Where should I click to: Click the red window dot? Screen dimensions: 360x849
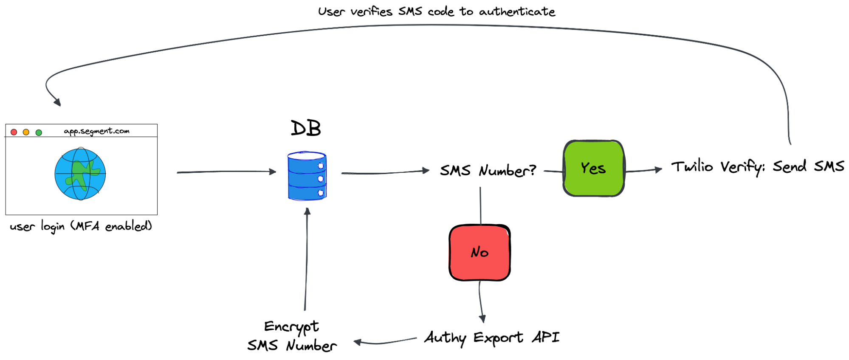(x=14, y=132)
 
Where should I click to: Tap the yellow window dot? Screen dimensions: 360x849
(x=26, y=132)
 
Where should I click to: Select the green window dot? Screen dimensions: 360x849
(x=39, y=132)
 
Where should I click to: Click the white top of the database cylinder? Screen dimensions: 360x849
(x=306, y=156)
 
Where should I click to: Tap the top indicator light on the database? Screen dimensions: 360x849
(x=321, y=166)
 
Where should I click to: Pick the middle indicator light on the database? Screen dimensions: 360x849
(x=321, y=179)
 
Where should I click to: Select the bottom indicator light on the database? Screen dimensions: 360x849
(x=321, y=193)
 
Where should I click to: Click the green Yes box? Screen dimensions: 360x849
(x=594, y=168)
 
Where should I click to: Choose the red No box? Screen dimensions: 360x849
(x=480, y=253)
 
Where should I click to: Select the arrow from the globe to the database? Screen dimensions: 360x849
(x=225, y=172)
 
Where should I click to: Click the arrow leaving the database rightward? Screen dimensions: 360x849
(x=384, y=172)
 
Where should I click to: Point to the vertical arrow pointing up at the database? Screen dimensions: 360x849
(x=306, y=259)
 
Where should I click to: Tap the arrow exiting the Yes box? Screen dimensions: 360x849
(x=643, y=170)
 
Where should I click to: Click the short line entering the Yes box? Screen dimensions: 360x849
(x=553, y=171)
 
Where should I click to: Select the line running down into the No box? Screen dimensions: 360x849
(x=480, y=206)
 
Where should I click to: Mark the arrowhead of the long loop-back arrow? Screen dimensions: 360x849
(x=57, y=102)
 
